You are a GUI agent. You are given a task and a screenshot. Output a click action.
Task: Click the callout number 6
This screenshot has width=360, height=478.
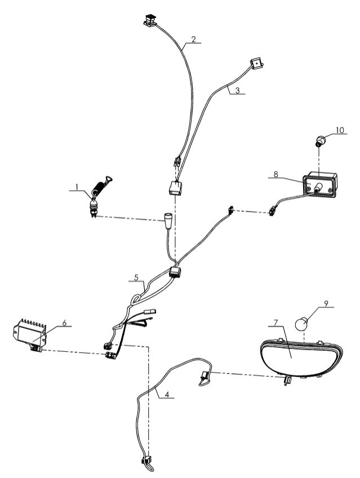tap(64, 323)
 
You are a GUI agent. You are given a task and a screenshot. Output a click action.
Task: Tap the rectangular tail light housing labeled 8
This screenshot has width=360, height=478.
tap(321, 187)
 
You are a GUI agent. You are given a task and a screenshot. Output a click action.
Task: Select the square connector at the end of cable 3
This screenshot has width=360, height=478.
tap(257, 64)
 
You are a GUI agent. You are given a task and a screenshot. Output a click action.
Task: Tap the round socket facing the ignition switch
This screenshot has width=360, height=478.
tap(167, 217)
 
